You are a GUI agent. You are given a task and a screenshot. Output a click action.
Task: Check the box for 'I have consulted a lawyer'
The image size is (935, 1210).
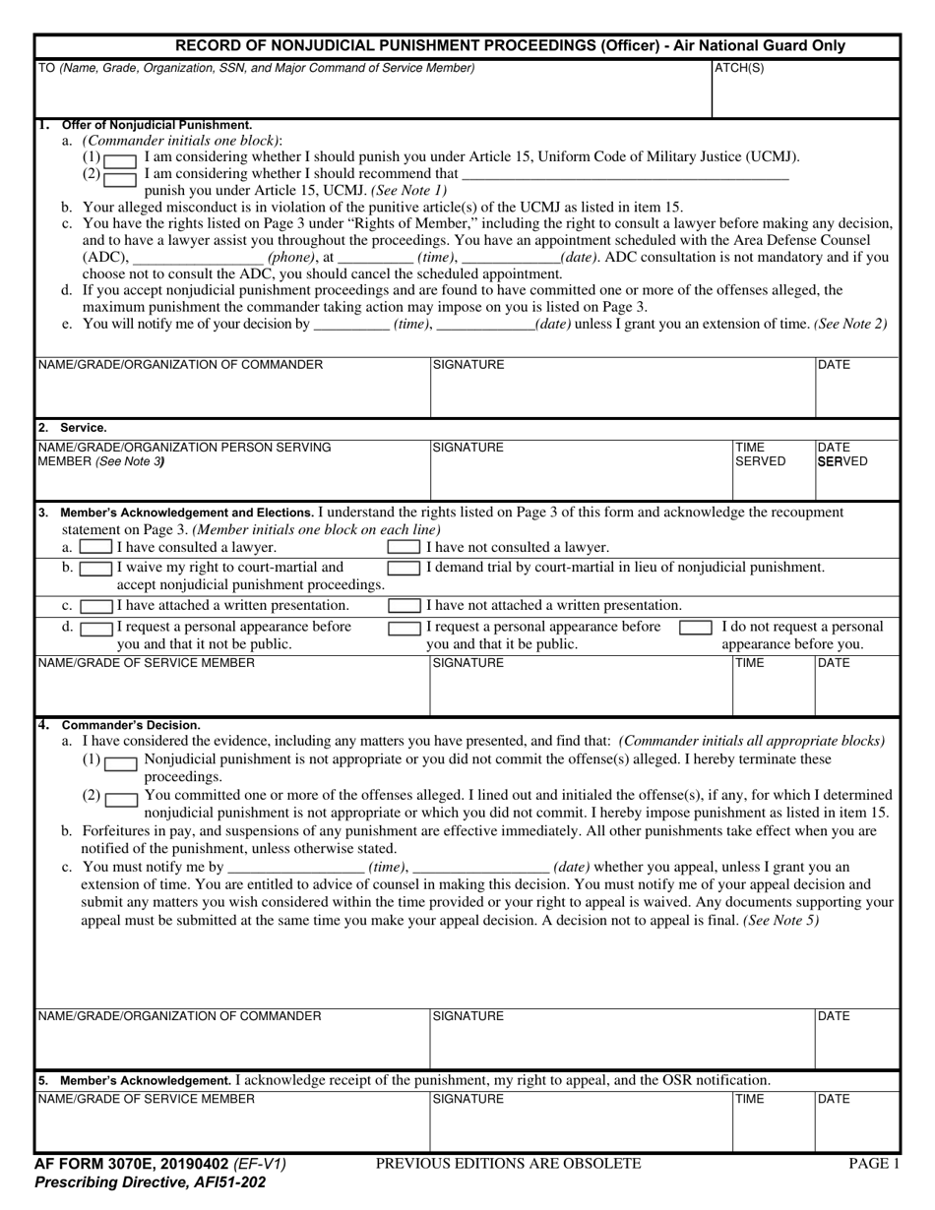coord(95,546)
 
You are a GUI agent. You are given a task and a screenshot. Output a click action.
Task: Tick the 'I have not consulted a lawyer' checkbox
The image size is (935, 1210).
coord(404,546)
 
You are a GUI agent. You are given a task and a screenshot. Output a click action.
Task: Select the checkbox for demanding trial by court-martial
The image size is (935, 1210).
coord(404,568)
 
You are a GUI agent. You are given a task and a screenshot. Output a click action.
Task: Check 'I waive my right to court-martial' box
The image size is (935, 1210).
coord(95,569)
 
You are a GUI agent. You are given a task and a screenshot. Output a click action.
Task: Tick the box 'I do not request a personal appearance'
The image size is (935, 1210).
coord(696,628)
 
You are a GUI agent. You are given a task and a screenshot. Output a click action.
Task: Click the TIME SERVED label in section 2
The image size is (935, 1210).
coord(760,454)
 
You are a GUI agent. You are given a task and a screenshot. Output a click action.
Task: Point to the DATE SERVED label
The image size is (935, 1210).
coord(841,454)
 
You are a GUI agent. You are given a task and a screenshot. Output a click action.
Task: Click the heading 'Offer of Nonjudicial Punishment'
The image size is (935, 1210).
coord(156,125)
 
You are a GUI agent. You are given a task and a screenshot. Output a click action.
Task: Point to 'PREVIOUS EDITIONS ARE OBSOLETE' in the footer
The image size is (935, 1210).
coord(508,1164)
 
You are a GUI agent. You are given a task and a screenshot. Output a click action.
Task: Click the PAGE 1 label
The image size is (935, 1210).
coord(874,1164)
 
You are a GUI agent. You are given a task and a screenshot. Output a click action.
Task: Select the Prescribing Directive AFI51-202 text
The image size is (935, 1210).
coord(150,1182)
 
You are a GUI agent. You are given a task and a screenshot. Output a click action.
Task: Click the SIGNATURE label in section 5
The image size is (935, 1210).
coord(467,1099)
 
